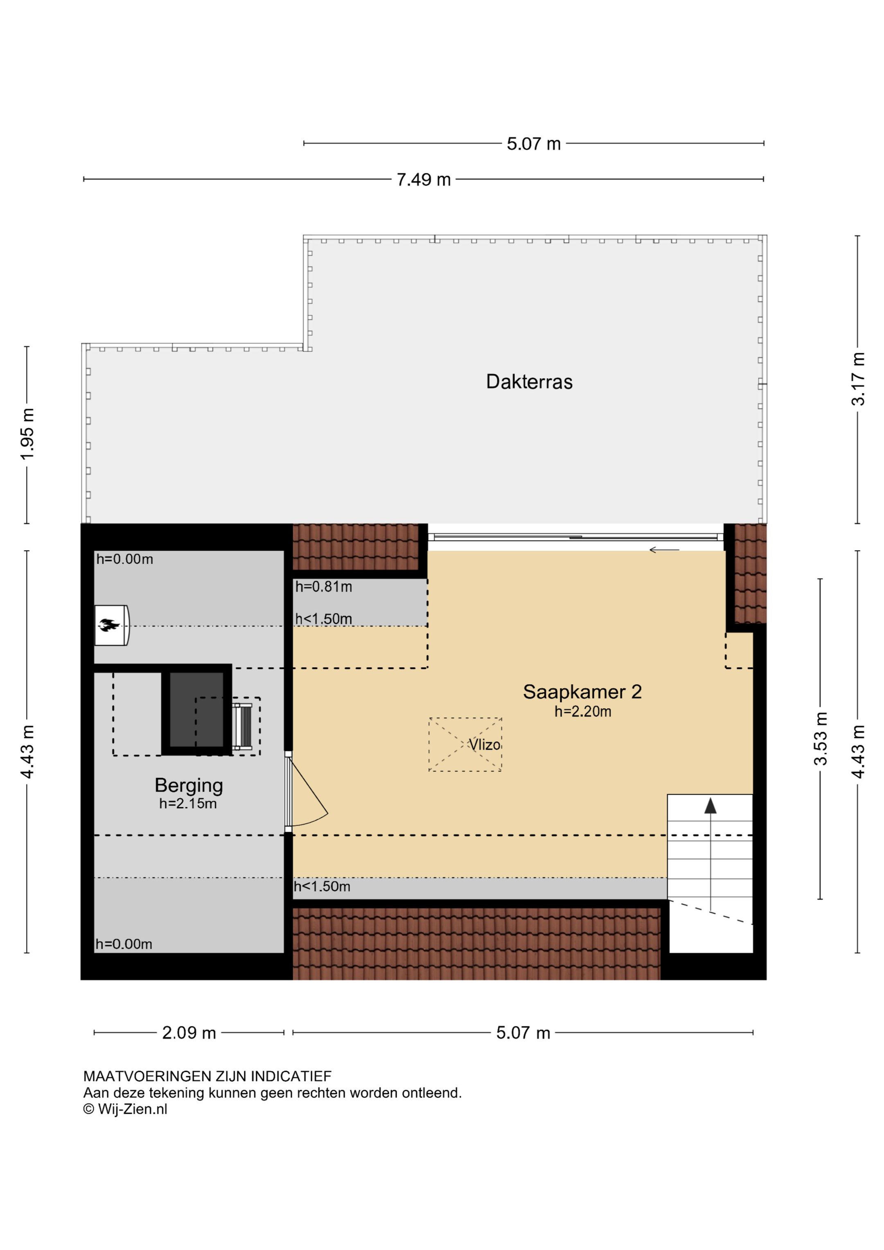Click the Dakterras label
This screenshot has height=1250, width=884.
coord(529,382)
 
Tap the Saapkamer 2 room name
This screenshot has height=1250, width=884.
coord(582,692)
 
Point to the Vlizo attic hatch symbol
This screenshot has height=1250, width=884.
coord(465,744)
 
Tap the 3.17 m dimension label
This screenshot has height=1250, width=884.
coord(858,379)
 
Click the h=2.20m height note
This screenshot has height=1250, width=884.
coord(582,712)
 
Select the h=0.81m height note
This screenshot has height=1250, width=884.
coord(323,587)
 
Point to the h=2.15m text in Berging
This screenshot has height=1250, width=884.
coord(188,804)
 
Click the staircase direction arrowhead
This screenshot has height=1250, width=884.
coord(710,805)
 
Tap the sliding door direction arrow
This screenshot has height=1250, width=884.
coord(664,550)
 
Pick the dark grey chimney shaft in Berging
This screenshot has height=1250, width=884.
coord(196,710)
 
